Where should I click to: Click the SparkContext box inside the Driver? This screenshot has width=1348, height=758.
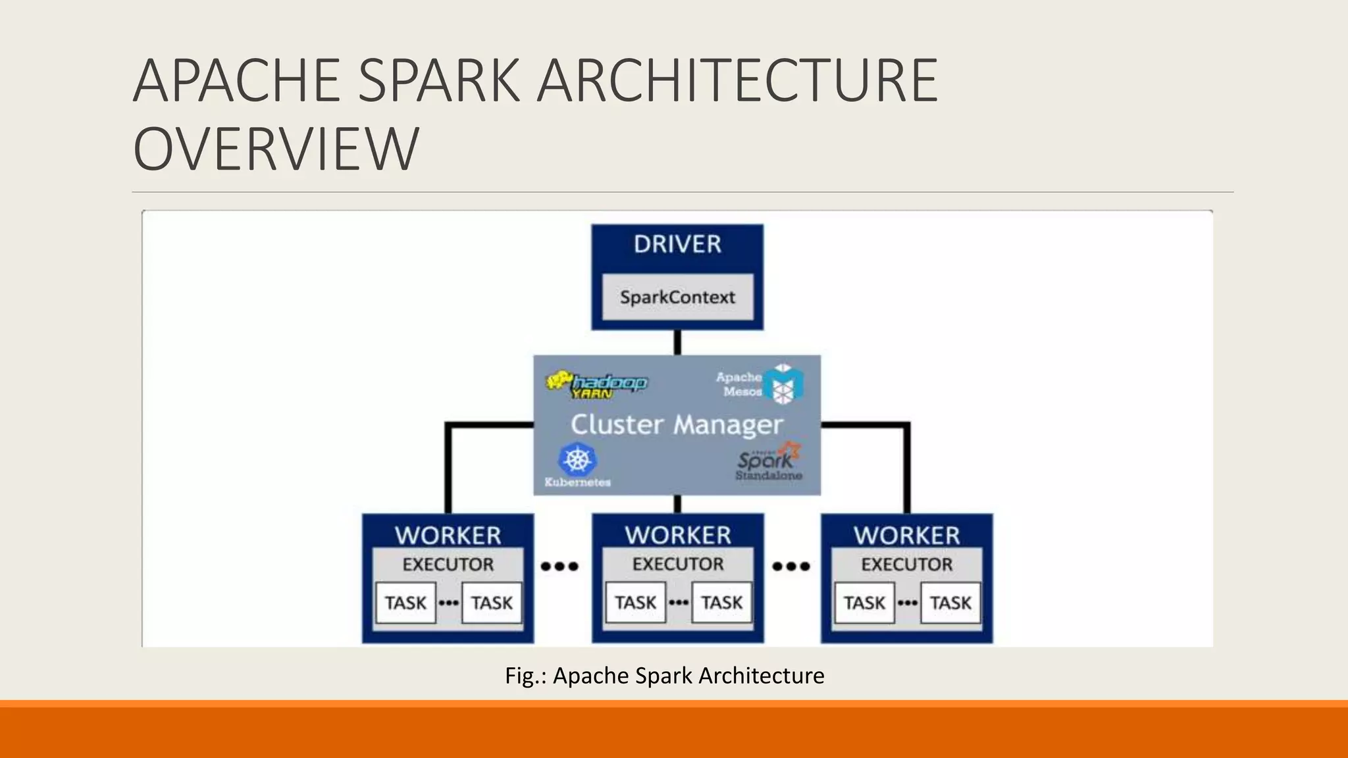[x=677, y=297]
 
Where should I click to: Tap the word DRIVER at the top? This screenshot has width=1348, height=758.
[x=677, y=244]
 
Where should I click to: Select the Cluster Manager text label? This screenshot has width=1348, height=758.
[x=677, y=424]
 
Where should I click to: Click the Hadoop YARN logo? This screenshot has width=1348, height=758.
[x=596, y=385]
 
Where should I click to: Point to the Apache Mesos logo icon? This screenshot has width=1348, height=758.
[x=783, y=384]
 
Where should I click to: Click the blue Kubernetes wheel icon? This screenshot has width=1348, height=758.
[x=577, y=459]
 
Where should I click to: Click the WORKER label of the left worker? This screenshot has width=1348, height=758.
[x=448, y=535]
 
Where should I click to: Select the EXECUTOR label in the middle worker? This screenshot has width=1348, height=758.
[x=677, y=564]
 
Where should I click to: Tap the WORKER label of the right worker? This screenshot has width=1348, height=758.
[x=906, y=535]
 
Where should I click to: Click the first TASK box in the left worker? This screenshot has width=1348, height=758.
[x=405, y=603]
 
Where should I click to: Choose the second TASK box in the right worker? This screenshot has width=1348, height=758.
[x=950, y=603]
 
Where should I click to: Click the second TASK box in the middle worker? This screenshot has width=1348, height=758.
[x=721, y=603]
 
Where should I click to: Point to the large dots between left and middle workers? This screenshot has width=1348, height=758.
[x=559, y=566]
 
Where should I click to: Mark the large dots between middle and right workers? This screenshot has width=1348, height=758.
[x=791, y=566]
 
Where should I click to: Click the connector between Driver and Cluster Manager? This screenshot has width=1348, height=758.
[x=677, y=342]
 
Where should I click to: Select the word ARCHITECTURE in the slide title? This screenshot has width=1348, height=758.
[x=737, y=80]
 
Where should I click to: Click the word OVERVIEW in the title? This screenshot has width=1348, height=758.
[x=276, y=149]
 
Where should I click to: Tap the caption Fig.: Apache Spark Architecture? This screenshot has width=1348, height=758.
[x=664, y=676]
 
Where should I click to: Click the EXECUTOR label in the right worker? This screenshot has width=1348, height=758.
[x=906, y=564]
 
